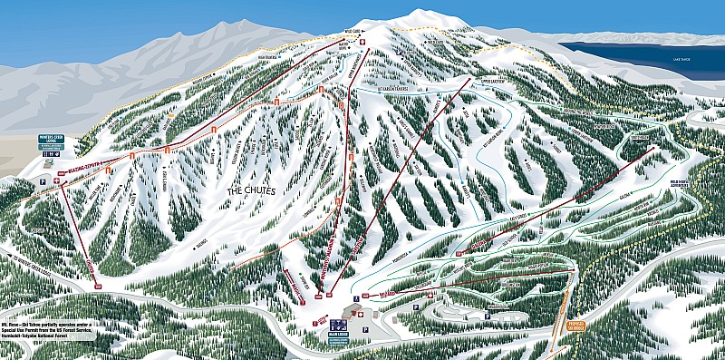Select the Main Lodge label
pos(340,335)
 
